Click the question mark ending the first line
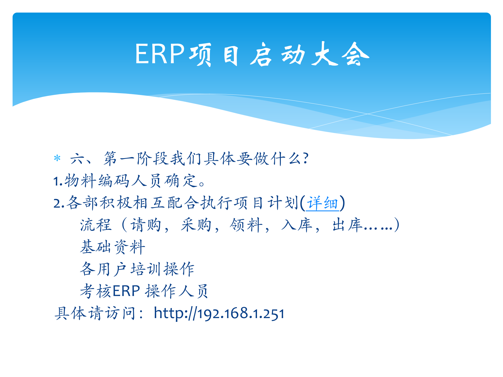(x=305, y=158)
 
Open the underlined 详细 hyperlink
(x=322, y=203)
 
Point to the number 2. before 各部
(x=58, y=203)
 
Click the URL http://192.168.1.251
(x=219, y=313)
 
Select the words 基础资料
(x=113, y=247)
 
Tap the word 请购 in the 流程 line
(x=146, y=225)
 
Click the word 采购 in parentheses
(x=196, y=225)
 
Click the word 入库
(x=297, y=225)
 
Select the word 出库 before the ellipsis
(x=347, y=225)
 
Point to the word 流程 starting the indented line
(x=96, y=225)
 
